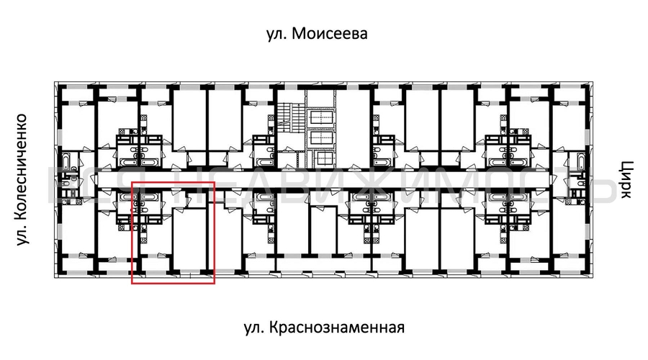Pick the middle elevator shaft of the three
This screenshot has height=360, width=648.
click(x=320, y=138)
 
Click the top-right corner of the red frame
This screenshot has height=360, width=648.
click(x=215, y=183)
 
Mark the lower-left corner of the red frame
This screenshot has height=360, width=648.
click(x=132, y=284)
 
